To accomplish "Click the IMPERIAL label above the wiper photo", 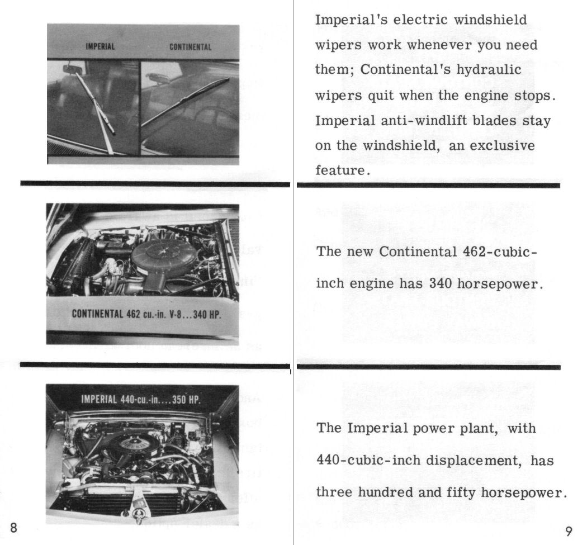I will click(100, 46).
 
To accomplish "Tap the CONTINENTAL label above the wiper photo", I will click(190, 47).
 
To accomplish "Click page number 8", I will click(14, 528).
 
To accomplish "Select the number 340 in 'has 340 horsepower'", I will click(441, 283).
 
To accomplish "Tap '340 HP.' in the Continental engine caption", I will click(207, 313).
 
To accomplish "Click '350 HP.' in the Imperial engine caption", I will click(186, 400).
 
